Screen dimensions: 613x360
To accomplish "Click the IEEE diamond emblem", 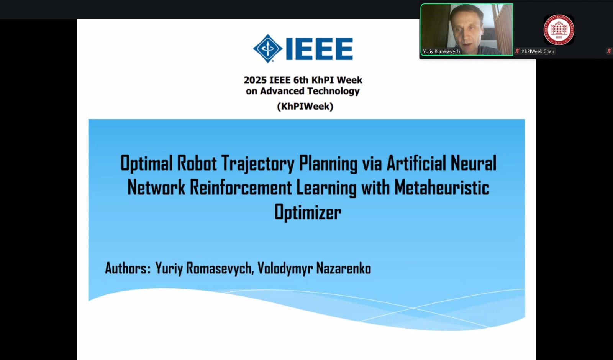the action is pyautogui.click(x=268, y=48).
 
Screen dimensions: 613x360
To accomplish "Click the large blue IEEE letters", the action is pyautogui.click(x=319, y=49).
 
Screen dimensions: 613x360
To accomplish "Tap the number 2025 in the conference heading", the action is pyautogui.click(x=255, y=80).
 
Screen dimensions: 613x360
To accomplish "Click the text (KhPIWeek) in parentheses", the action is pyautogui.click(x=305, y=106).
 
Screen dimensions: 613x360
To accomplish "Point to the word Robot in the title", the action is pyautogui.click(x=197, y=163).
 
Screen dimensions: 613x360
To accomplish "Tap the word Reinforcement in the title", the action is pyautogui.click(x=241, y=187).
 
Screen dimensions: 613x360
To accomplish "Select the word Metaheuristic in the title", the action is pyautogui.click(x=442, y=187).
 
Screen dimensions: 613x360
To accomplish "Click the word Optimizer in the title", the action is pyautogui.click(x=308, y=212).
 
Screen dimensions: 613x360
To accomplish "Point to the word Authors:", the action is pyautogui.click(x=128, y=268).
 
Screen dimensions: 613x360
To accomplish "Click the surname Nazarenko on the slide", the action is pyautogui.click(x=343, y=268).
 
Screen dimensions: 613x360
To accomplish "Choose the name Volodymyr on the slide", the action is pyautogui.click(x=285, y=268).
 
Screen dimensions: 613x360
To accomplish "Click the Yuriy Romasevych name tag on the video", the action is pyautogui.click(x=441, y=51).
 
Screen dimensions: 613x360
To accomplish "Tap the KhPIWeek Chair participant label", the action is pyautogui.click(x=538, y=51).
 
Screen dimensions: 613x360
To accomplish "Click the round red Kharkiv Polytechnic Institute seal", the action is pyautogui.click(x=559, y=30).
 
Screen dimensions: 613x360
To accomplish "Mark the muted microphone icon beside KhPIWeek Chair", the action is pyautogui.click(x=517, y=51).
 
